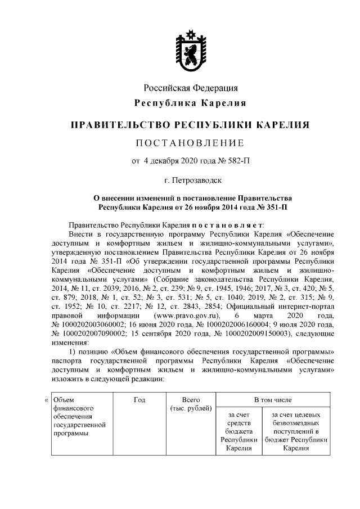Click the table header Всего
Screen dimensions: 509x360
coord(190,399)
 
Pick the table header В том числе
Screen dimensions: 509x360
coord(273,399)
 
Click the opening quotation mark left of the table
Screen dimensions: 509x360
coord(46,400)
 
